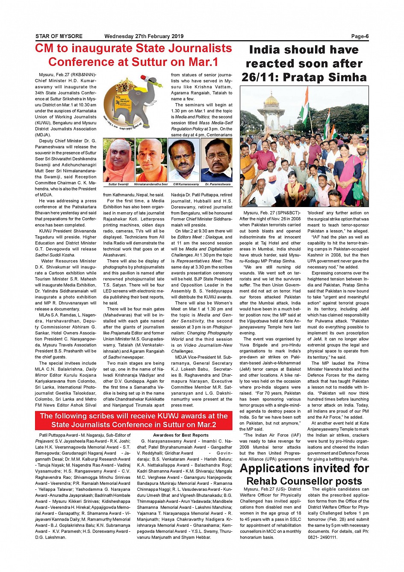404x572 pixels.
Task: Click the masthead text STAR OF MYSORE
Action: tap(59, 36)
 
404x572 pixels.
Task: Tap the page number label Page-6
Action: tap(360, 36)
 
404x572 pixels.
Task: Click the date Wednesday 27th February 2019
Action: tap(144, 36)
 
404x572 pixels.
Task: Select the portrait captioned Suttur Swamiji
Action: tap(118, 160)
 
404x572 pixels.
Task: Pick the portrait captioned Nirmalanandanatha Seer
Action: tap(151, 160)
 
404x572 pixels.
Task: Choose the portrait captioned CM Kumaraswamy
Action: tap(184, 160)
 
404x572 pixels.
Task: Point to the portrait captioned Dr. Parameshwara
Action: tap(217, 160)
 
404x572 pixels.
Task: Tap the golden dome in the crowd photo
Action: tap(272, 100)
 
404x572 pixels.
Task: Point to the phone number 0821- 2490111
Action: tap(323, 537)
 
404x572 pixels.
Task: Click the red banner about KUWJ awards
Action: tap(134, 421)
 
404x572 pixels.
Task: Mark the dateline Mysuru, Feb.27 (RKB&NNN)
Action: tap(68, 74)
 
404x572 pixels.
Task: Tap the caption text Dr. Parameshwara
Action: tap(218, 184)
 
